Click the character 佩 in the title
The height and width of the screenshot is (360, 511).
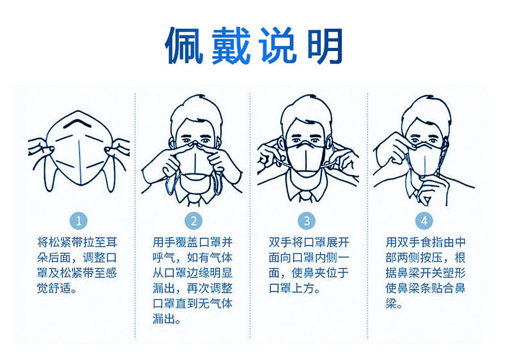tap(184, 46)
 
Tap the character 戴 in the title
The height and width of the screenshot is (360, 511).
tap(232, 46)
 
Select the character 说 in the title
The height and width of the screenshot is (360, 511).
tap(279, 46)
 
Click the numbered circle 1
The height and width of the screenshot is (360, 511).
tap(78, 221)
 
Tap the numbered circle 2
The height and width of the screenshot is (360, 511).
tap(193, 221)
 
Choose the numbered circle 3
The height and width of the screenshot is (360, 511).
tap(307, 221)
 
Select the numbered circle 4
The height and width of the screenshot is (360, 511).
tap(424, 221)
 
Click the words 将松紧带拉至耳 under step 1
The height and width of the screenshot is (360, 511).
tap(77, 242)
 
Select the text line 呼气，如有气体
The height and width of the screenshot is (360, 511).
tap(193, 257)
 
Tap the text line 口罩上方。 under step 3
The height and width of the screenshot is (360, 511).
tap(294, 288)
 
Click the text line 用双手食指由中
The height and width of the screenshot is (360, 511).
tap(426, 242)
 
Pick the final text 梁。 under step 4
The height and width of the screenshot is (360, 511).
tap(395, 304)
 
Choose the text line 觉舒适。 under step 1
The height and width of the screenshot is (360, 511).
tap(57, 288)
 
